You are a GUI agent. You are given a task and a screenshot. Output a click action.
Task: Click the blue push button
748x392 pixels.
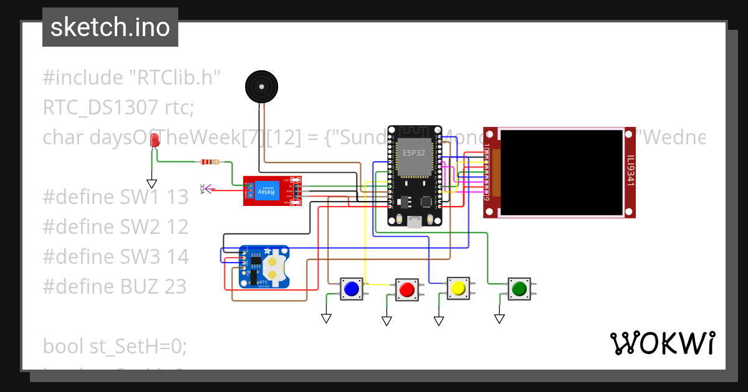351,289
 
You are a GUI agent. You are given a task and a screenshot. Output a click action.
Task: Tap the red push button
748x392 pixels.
406,289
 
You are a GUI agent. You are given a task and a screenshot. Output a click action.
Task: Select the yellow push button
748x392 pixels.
458,288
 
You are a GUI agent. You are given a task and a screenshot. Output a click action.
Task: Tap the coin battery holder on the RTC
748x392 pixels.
274,267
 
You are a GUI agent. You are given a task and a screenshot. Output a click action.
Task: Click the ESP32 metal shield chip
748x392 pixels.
414,158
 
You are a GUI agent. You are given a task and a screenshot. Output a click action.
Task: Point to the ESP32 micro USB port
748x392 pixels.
414,221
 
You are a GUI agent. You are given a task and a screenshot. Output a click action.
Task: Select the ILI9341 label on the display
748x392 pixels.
630,171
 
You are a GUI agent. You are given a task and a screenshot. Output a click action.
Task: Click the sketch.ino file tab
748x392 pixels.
110,27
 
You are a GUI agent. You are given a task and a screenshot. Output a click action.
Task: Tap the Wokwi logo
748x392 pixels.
662,343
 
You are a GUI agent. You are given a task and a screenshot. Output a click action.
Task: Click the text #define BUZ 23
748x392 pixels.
115,286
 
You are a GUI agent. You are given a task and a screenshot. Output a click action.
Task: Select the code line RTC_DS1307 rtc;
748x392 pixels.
118,108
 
